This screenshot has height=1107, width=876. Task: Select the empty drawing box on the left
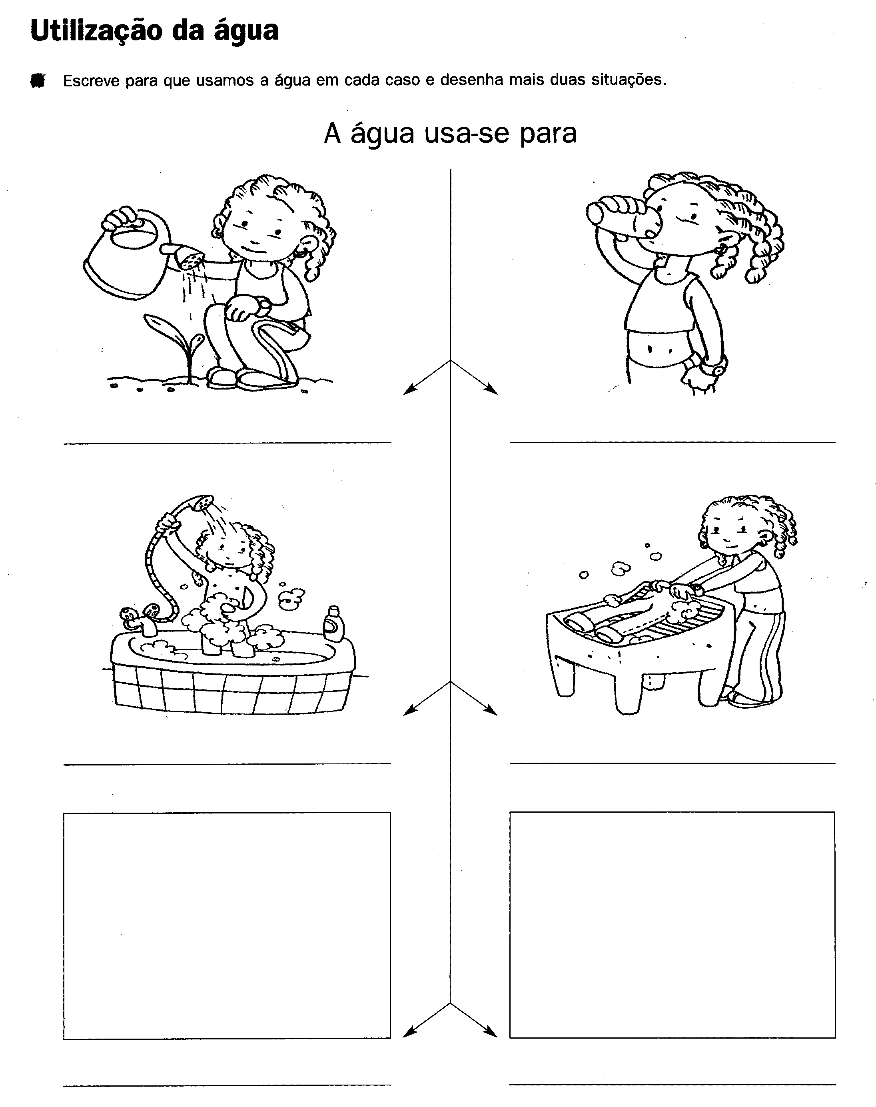(227, 925)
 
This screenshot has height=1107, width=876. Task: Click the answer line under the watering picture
(227, 443)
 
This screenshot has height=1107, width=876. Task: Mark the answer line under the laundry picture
(672, 763)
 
